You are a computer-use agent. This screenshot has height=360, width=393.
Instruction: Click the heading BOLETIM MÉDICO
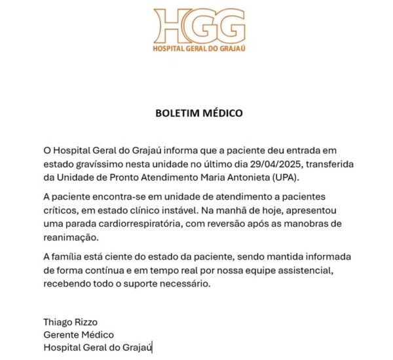click(x=199, y=113)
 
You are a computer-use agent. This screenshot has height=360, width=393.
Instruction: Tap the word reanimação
click(x=67, y=237)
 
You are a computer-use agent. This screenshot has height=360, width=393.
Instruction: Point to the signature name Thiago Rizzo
click(x=70, y=323)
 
